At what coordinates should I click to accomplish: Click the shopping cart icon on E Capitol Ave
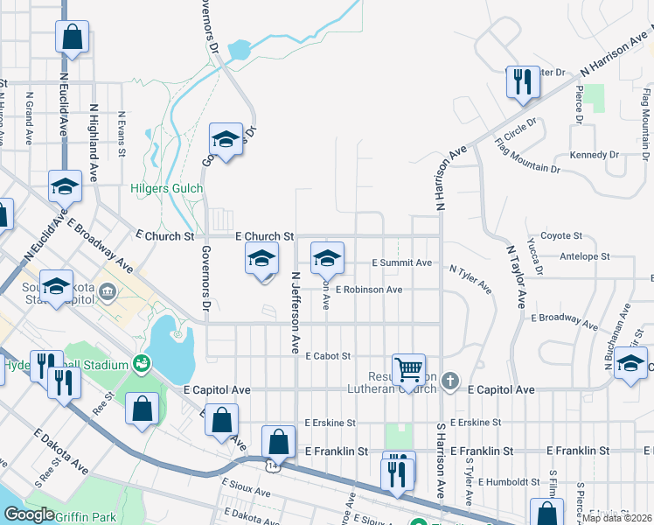(408, 369)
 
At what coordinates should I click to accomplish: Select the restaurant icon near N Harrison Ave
(521, 82)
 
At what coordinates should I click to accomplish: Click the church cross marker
(449, 381)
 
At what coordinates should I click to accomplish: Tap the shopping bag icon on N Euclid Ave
(72, 38)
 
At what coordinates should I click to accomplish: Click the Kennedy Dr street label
(594, 155)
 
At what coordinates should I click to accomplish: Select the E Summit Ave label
(401, 262)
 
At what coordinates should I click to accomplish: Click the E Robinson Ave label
(367, 290)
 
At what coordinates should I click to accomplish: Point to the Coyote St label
(561, 236)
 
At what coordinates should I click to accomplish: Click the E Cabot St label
(328, 356)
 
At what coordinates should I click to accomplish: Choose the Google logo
(29, 514)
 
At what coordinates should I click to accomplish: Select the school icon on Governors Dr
(226, 139)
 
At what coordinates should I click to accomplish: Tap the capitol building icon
(108, 290)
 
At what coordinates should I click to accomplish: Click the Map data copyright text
(617, 518)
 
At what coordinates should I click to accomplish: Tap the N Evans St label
(122, 128)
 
